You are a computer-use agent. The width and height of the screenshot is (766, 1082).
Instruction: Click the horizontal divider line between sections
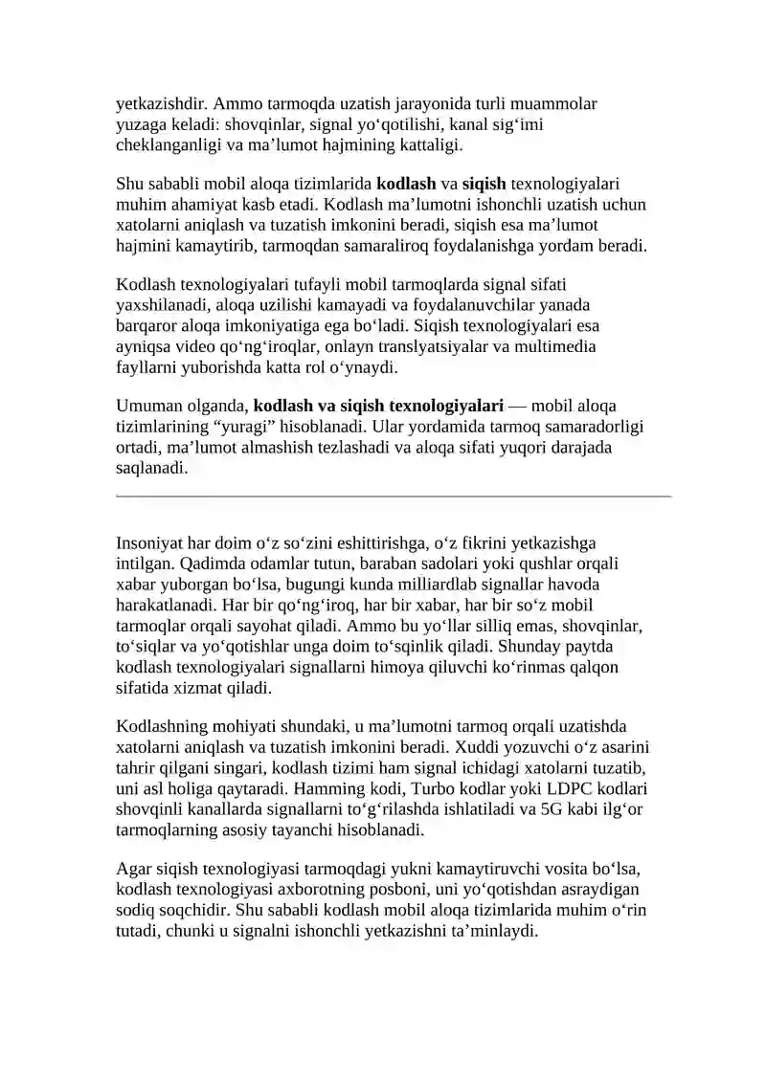click(x=394, y=497)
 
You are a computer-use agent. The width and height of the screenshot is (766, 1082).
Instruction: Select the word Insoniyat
click(x=150, y=543)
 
